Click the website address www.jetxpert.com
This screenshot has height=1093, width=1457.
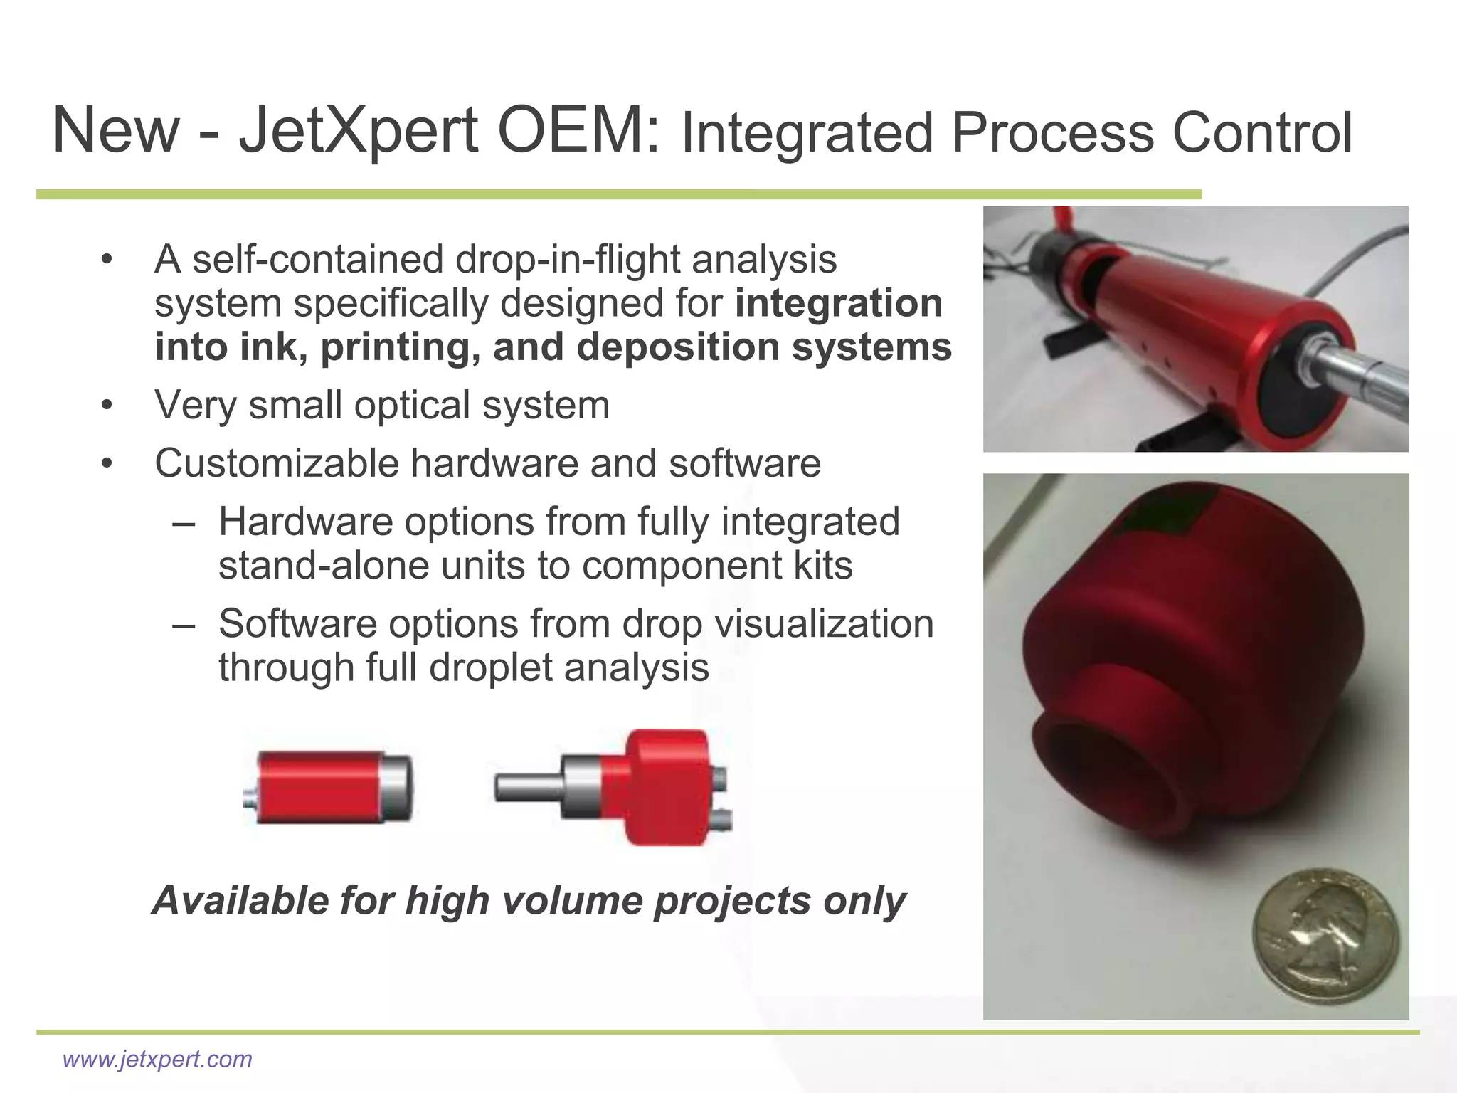coord(157,1059)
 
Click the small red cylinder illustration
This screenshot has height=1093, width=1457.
coord(328,788)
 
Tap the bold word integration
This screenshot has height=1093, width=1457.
coord(838,303)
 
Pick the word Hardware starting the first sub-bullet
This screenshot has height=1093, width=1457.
coord(305,522)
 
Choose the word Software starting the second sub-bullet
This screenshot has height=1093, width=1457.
coord(297,624)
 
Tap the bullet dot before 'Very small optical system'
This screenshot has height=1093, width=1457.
coord(107,406)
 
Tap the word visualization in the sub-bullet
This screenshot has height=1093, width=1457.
coord(823,624)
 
